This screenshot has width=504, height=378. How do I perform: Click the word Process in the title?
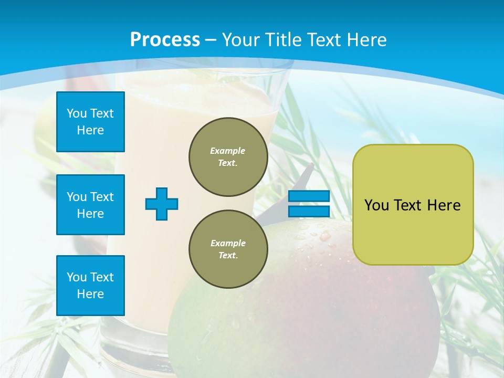coord(165,40)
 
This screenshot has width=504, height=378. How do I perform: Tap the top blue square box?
coord(90,122)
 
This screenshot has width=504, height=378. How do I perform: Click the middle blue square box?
coord(90,205)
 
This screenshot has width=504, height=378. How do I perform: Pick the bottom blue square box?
coord(90,286)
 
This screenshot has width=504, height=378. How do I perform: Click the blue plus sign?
coord(162,204)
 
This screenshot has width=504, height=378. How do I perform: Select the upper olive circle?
coord(228,157)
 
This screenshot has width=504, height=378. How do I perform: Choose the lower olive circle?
coord(228,249)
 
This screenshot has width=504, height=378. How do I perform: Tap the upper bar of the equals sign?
coord(309,196)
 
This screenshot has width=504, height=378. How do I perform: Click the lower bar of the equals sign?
coord(309,211)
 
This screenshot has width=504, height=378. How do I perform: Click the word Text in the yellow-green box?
coord(409,205)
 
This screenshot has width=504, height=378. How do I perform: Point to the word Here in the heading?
coord(366,40)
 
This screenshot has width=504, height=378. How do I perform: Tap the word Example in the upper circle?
coord(228,151)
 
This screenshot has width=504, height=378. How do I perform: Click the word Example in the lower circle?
coord(228,243)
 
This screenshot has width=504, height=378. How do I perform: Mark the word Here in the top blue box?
coord(90,130)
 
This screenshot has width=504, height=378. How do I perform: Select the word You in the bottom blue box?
coord(77,277)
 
